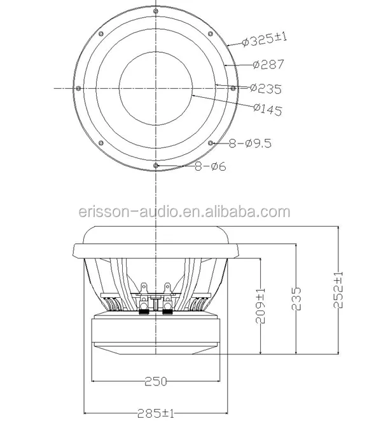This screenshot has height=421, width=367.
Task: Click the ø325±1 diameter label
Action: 265,39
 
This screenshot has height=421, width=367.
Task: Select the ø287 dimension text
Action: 268,64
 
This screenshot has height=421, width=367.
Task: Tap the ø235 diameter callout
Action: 266,89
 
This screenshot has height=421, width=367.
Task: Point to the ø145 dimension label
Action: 268,109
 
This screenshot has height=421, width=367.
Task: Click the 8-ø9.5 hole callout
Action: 250,144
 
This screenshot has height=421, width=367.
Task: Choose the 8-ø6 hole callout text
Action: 211,166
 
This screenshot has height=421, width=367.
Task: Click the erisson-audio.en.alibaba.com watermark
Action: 184,212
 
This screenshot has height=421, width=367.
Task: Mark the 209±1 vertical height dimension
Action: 260,305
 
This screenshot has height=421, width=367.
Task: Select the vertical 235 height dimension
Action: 296,299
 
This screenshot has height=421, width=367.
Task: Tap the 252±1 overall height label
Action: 338,290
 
